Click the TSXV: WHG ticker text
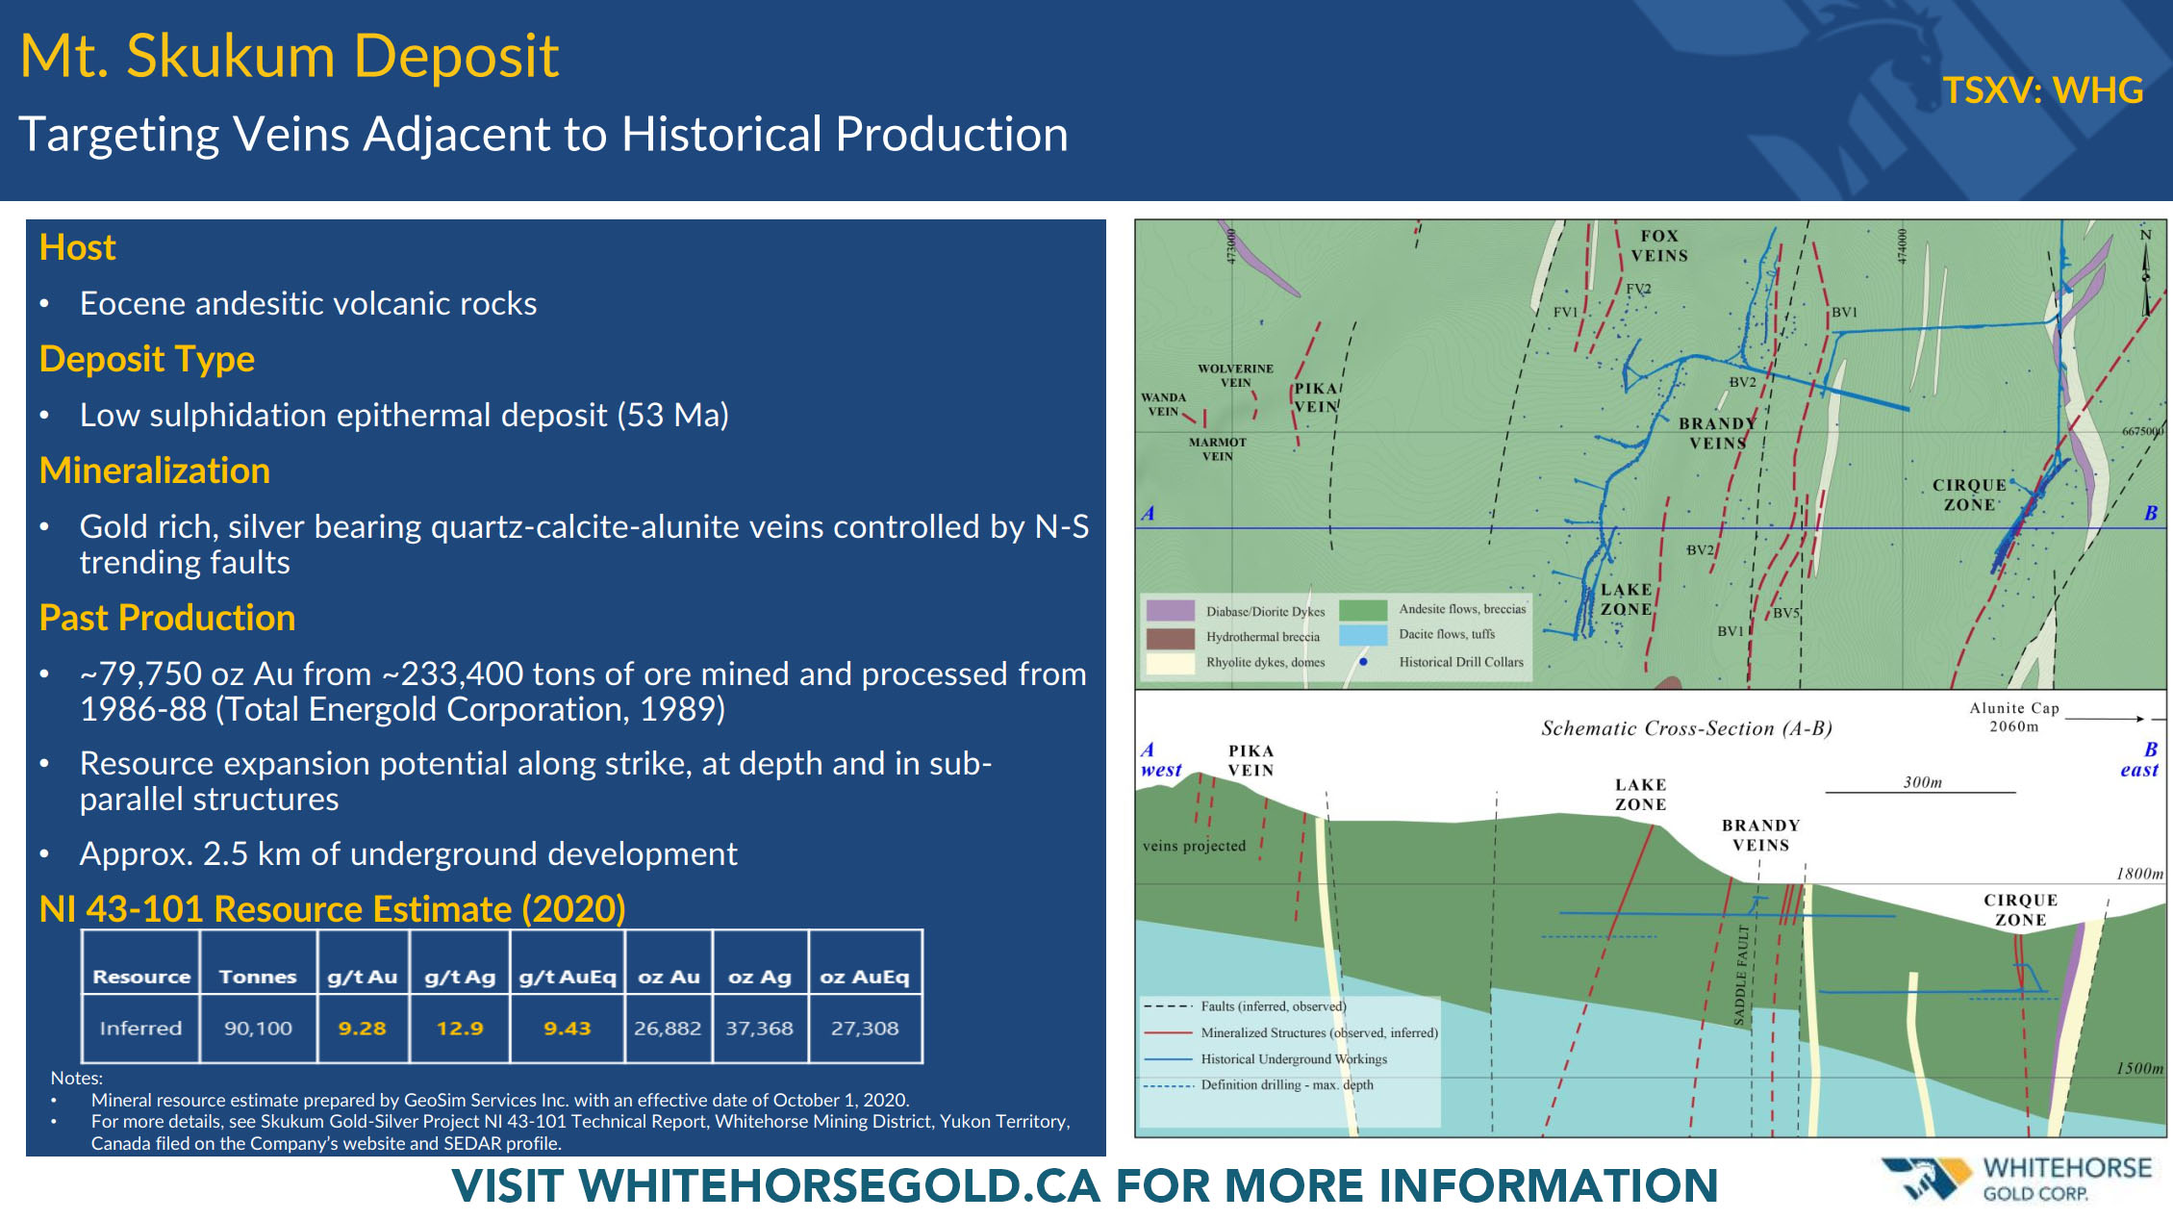2042,90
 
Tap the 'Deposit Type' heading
147,359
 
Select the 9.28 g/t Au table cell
363,1029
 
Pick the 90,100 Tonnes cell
258,1029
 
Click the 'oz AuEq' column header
865,977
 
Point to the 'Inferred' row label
140,1029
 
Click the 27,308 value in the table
865,1029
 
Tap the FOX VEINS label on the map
1659,245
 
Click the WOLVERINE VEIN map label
1235,375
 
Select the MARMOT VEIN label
1217,449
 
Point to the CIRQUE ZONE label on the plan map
1969,495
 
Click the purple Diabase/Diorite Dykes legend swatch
1171,611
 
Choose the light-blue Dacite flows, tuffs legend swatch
1363,635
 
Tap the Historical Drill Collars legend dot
1363,662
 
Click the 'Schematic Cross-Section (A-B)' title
1686,728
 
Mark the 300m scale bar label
1922,782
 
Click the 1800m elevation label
2139,874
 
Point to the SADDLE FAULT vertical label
1741,975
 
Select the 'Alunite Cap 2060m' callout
2014,717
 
